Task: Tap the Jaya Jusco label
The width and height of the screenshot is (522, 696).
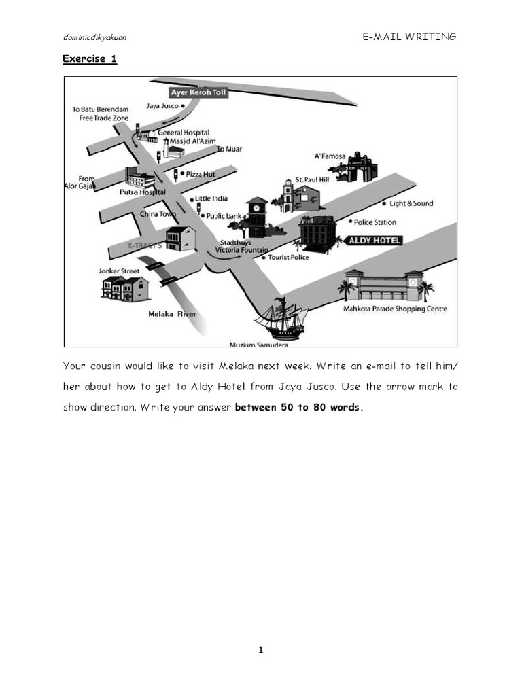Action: coord(162,106)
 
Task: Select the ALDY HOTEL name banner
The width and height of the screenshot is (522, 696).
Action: coord(375,241)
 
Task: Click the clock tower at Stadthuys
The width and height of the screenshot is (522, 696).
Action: coord(257,217)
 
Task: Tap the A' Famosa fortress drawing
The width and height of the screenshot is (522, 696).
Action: coord(357,167)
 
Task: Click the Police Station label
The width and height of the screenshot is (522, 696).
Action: coord(375,222)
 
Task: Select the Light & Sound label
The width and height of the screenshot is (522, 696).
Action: coord(411,203)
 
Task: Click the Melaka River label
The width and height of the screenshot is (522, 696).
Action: coord(172,314)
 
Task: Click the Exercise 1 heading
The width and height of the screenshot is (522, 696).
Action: coord(90,58)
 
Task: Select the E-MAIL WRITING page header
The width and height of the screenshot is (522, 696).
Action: coord(410,37)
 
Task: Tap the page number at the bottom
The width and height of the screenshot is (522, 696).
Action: coord(260,650)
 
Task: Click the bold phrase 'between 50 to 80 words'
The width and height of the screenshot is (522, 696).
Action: coord(294,408)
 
